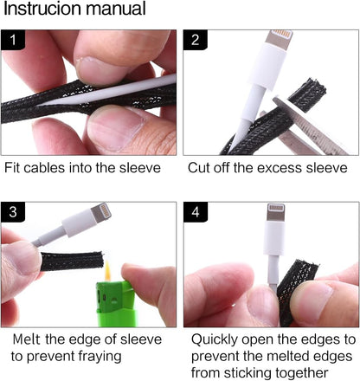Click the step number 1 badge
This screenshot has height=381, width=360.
pos(13,40)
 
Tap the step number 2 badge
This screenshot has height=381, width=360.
pos(196,40)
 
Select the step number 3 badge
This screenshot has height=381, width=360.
pos(13,212)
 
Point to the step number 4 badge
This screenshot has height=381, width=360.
pos(196,212)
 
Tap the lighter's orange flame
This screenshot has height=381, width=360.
pos(107,271)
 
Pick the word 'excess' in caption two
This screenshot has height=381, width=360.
pos(279,168)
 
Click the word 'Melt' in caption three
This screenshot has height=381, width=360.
pos(27,339)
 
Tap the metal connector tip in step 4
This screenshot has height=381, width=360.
pos(276,212)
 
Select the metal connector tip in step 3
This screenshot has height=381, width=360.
pos(101,213)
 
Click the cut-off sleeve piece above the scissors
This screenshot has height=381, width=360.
pos(307,94)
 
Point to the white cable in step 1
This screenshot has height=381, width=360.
pos(110,91)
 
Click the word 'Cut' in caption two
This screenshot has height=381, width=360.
pos(198,168)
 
